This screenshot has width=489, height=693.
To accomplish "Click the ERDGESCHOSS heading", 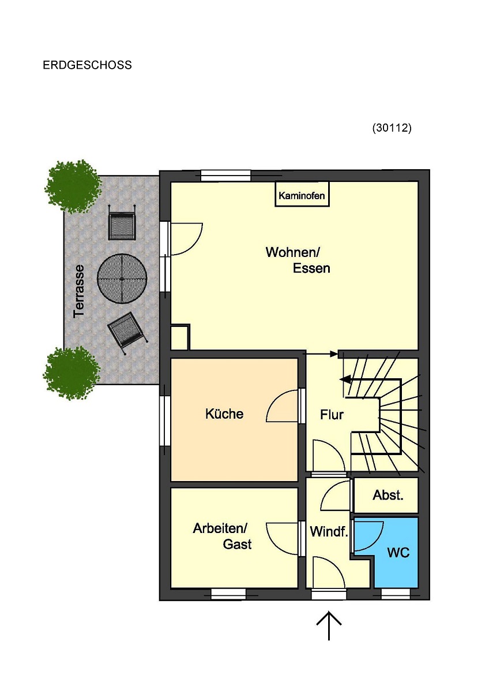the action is tap(87, 65).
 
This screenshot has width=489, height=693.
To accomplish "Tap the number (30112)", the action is tap(392, 128).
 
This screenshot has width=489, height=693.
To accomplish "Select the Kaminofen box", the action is tap(302, 194).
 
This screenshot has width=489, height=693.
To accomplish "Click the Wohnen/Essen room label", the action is tap(298, 260).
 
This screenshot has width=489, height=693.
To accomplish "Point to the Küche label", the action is tap(224, 413).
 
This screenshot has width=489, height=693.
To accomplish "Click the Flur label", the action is tap(332, 415).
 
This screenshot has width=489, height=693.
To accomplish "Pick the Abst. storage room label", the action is tap(388, 495).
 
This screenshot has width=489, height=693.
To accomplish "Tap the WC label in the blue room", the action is tap(398, 552).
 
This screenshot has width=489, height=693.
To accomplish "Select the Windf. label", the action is tap(329, 531).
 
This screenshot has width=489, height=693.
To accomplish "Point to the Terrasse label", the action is tap(79, 291).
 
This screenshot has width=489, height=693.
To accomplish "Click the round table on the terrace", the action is tap(122, 278).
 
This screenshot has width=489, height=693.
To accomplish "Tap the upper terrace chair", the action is tap(122, 222).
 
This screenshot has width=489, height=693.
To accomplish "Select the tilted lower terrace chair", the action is tap(127, 332).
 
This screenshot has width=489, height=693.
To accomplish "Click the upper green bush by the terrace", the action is tap(73, 187).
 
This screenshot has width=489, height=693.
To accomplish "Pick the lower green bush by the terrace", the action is tap(72, 372).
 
